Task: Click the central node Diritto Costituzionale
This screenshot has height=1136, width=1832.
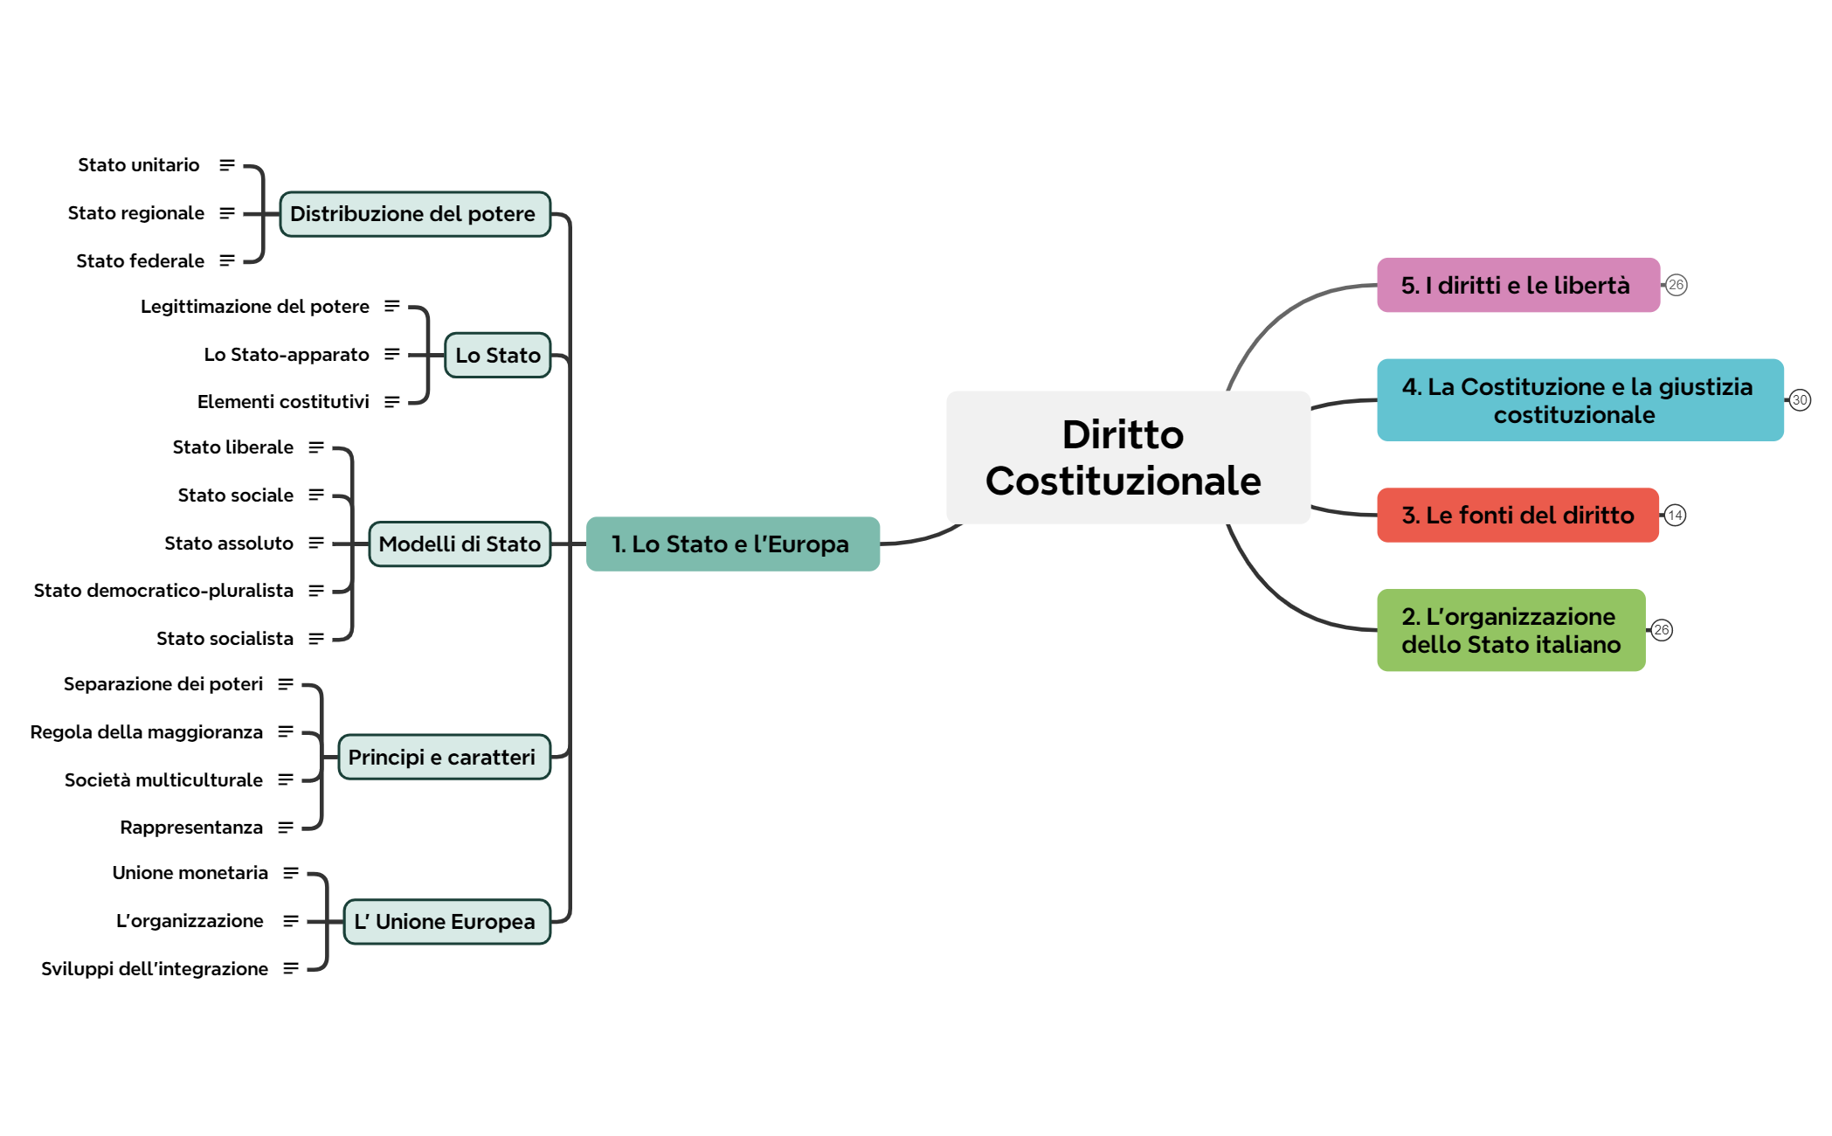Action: (1127, 457)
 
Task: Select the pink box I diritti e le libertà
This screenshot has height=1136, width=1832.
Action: (1517, 285)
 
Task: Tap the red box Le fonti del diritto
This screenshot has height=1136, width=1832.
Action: (1517, 515)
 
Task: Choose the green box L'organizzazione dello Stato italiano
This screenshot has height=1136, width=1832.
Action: (1511, 630)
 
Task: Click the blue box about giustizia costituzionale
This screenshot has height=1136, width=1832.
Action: (1580, 400)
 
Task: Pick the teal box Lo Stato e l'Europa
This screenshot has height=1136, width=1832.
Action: (732, 544)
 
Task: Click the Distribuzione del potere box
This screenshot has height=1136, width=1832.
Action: (415, 214)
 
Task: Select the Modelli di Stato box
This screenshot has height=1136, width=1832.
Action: (460, 544)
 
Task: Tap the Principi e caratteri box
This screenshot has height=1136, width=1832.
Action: (444, 757)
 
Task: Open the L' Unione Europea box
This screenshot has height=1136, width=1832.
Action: (446, 922)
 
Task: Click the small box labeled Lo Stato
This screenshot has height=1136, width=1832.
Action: (497, 355)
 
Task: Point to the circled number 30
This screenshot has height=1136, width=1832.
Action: (1800, 400)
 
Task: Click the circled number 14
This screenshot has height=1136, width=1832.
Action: (1675, 516)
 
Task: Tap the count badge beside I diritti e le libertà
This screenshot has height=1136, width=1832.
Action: (1676, 285)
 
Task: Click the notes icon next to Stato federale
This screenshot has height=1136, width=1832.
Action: (227, 260)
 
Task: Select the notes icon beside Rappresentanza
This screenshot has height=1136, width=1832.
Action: (286, 828)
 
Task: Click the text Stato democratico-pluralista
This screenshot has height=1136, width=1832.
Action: (163, 591)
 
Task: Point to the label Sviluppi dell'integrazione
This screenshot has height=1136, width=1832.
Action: (155, 969)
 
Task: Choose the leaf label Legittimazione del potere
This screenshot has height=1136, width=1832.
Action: (255, 307)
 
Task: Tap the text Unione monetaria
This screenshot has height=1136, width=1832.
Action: (190, 873)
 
